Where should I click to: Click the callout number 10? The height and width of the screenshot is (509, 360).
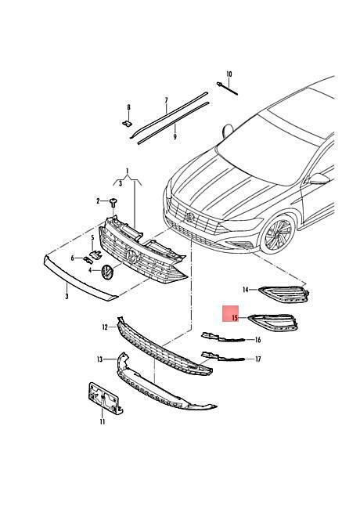tap(229, 74)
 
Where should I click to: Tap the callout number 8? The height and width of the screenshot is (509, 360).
tap(129, 107)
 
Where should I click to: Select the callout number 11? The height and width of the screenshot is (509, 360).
tap(103, 421)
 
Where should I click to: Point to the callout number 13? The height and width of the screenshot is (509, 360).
tap(99, 359)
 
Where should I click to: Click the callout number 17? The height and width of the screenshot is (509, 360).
tap(257, 359)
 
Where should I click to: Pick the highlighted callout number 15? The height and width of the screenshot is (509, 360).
tap(235, 318)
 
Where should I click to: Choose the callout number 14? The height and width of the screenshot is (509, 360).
tap(246, 290)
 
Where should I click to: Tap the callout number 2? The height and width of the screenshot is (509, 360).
tap(99, 201)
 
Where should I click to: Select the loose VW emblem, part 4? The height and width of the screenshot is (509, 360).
tap(107, 272)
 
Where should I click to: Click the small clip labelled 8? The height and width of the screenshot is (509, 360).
tap(128, 124)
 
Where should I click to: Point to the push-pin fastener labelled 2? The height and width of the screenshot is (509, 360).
tap(113, 203)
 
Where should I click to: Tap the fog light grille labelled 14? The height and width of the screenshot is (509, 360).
tap(284, 294)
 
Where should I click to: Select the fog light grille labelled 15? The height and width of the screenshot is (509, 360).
tap(273, 323)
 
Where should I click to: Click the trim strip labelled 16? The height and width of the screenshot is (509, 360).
tap(223, 338)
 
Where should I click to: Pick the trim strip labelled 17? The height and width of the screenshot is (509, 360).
tap(223, 356)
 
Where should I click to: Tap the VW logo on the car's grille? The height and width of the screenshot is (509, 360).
tap(189, 216)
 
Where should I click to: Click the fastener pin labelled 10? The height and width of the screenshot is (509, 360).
tap(227, 88)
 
